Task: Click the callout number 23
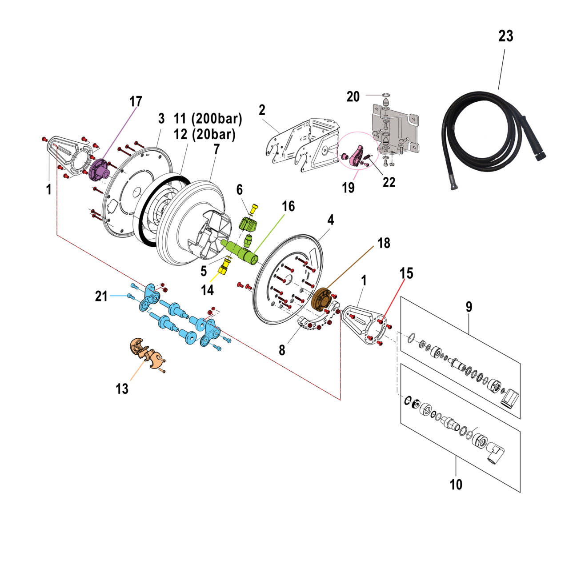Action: (505, 36)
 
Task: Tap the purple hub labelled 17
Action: (99, 169)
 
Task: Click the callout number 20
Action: (353, 96)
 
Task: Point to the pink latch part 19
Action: (357, 156)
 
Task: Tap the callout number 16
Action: (289, 206)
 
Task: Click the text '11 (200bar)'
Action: (208, 119)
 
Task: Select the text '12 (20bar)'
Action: (204, 134)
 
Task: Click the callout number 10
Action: (456, 484)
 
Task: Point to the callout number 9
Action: (469, 307)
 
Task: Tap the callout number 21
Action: (101, 296)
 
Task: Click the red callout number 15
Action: (406, 273)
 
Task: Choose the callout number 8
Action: (282, 350)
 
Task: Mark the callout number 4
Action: (331, 220)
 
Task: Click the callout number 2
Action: (262, 110)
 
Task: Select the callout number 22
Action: (389, 182)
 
